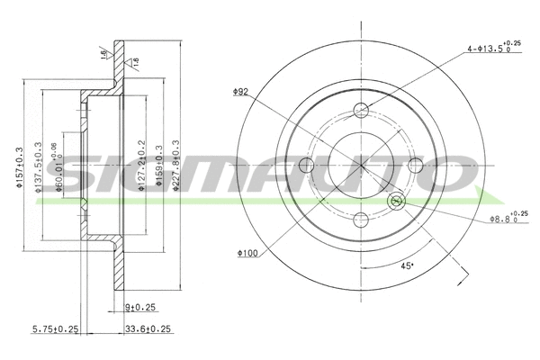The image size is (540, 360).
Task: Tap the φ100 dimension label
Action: (x=248, y=253)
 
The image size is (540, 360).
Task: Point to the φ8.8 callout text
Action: (x=504, y=217)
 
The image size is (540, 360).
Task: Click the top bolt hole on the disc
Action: (x=361, y=111)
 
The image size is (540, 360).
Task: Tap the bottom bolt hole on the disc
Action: (x=361, y=219)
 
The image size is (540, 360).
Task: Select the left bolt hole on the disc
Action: (x=307, y=165)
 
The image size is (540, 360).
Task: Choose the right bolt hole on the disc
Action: (x=415, y=165)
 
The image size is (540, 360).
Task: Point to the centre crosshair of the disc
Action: (x=361, y=165)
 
